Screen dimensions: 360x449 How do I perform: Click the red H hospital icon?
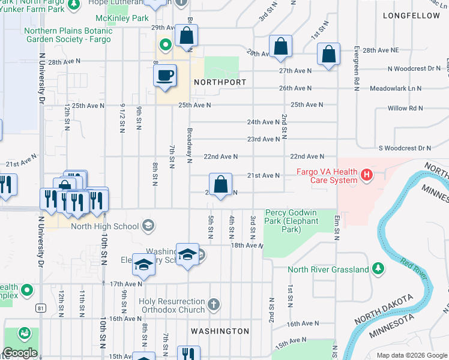(x=367, y=175)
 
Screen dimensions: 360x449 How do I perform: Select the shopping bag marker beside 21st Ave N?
(x=221, y=184)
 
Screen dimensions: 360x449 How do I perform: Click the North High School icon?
(x=147, y=226)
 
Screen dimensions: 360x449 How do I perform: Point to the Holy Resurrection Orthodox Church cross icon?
(x=213, y=305)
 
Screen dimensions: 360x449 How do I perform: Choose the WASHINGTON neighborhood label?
(x=220, y=331)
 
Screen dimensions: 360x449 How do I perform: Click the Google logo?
(x=19, y=352)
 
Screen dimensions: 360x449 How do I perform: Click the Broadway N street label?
(x=190, y=145)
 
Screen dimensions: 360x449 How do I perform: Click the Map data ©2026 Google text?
(x=411, y=355)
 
